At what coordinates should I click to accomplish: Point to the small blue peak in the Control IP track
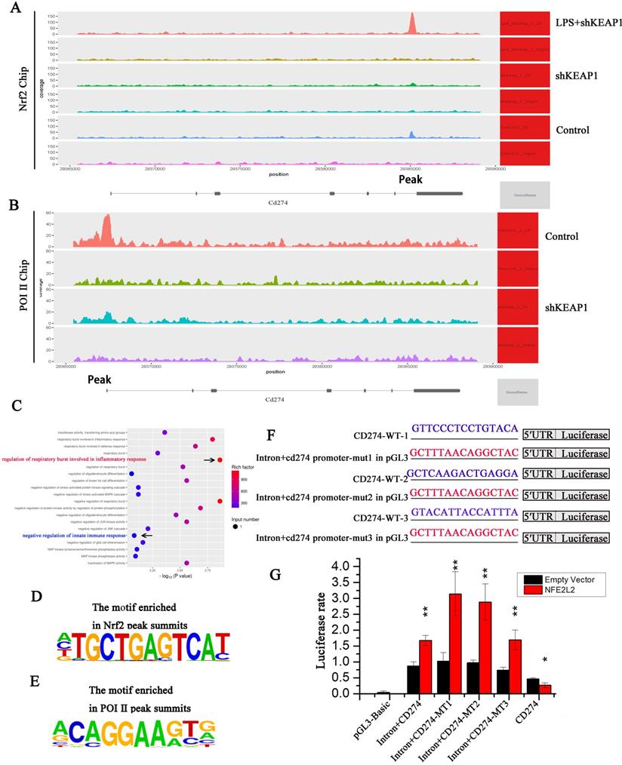(x=411, y=134)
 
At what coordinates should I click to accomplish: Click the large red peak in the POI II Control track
(x=106, y=226)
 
